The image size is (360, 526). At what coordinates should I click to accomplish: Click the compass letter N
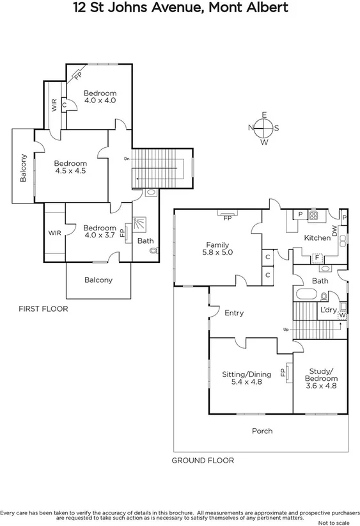pyautogui.click(x=251, y=128)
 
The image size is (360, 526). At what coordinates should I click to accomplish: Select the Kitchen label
pyautogui.click(x=317, y=237)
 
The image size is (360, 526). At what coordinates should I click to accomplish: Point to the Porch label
pyautogui.click(x=262, y=431)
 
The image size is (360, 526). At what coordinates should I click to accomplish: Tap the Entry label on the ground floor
pyautogui.click(x=234, y=313)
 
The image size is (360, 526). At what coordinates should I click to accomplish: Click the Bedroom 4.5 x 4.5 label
pyautogui.click(x=70, y=167)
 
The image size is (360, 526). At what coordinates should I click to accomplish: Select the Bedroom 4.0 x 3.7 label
pyautogui.click(x=100, y=232)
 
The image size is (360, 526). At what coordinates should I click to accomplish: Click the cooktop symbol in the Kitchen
pyautogui.click(x=313, y=216)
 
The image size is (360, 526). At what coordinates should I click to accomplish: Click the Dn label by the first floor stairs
pyautogui.click(x=127, y=159)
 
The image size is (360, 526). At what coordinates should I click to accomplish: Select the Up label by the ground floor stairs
pyautogui.click(x=285, y=329)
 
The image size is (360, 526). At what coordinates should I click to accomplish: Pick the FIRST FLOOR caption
pyautogui.click(x=43, y=308)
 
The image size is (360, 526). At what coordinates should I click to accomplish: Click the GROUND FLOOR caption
pyautogui.click(x=203, y=460)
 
